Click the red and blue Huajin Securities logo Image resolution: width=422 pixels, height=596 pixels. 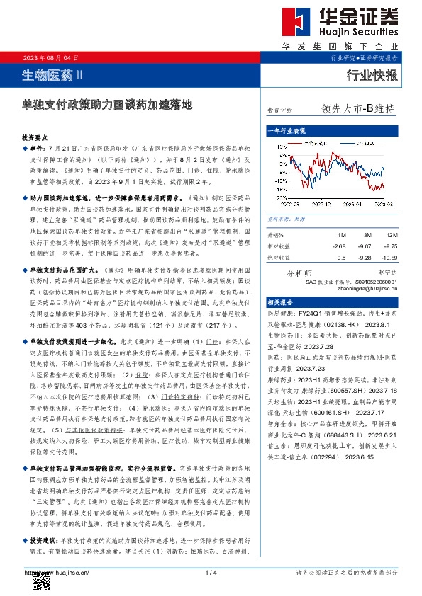point(296,26)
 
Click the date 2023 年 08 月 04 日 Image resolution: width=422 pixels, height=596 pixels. point(51,57)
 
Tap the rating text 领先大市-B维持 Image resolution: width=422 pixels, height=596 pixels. point(357,110)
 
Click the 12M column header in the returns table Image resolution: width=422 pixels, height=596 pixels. point(392,234)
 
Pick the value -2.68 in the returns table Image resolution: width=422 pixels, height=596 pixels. point(340,246)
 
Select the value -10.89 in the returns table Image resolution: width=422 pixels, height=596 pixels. point(389,258)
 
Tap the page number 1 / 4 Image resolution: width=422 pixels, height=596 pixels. point(211,572)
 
